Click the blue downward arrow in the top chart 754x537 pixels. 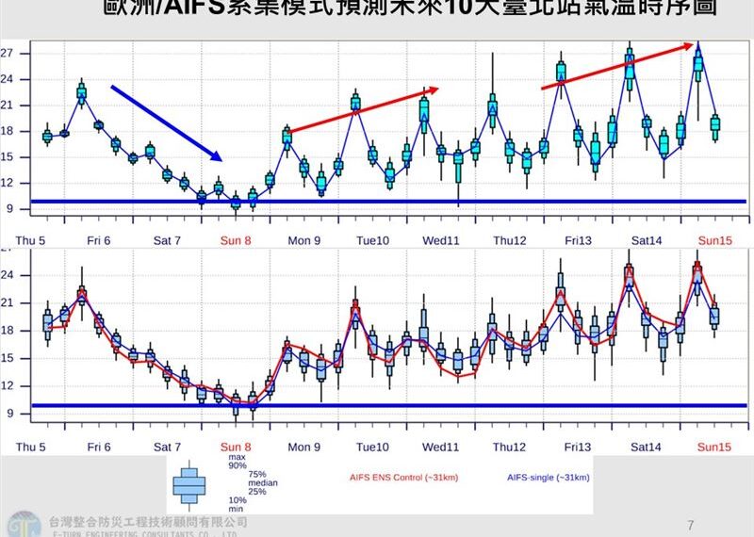166,123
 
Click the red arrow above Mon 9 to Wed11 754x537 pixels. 363,110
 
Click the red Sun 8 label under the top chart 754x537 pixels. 236,240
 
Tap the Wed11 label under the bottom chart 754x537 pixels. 440,447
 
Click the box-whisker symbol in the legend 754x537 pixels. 189,484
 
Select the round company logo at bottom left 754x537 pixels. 21,524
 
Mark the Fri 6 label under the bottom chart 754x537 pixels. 99,447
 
